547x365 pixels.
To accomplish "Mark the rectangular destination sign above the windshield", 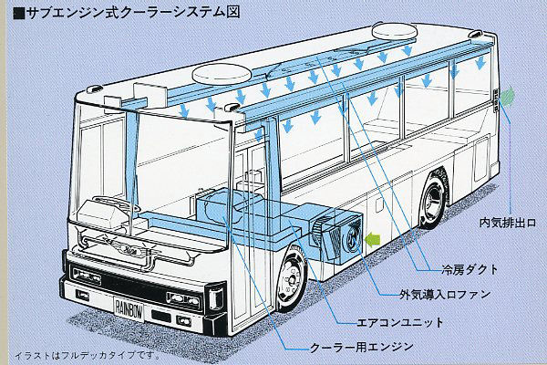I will click(142, 91).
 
